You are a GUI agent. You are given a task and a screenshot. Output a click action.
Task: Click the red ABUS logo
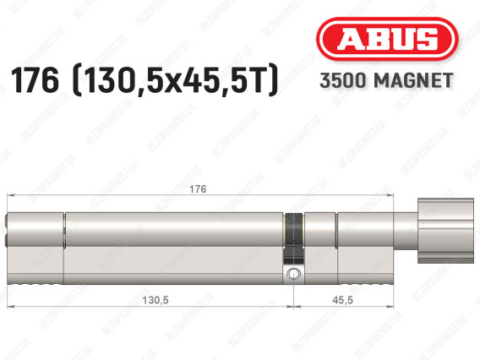pyautogui.click(x=387, y=39)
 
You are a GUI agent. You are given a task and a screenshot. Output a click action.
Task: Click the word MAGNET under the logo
pyautogui.click(x=413, y=80)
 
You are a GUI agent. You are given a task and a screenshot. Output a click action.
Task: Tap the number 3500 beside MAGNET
pyautogui.click(x=343, y=80)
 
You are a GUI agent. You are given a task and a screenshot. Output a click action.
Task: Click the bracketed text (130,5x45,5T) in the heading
pyautogui.click(x=175, y=80)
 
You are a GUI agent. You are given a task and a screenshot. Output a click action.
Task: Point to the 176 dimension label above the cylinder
pyautogui.click(x=198, y=189)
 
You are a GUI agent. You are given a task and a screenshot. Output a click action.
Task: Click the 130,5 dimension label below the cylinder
pyautogui.click(x=155, y=300)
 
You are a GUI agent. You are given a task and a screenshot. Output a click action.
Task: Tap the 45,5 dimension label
pyautogui.click(x=342, y=300)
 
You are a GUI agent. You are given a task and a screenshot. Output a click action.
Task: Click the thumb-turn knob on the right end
pyautogui.click(x=445, y=231)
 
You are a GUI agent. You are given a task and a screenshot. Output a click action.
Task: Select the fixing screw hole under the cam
pyautogui.click(x=293, y=273)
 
